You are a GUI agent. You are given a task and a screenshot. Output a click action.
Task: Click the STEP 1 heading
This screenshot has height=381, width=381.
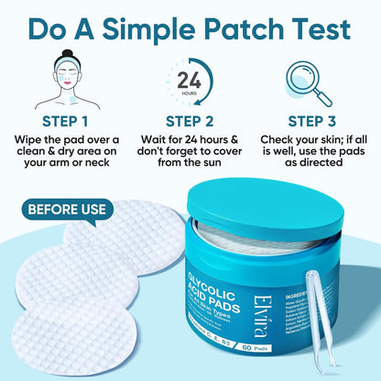coord(64,120)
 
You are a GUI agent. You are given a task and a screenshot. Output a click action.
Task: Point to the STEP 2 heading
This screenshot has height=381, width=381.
coord(190,120)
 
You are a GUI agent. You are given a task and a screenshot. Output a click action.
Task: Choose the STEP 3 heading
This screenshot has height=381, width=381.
coord(317,120)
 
